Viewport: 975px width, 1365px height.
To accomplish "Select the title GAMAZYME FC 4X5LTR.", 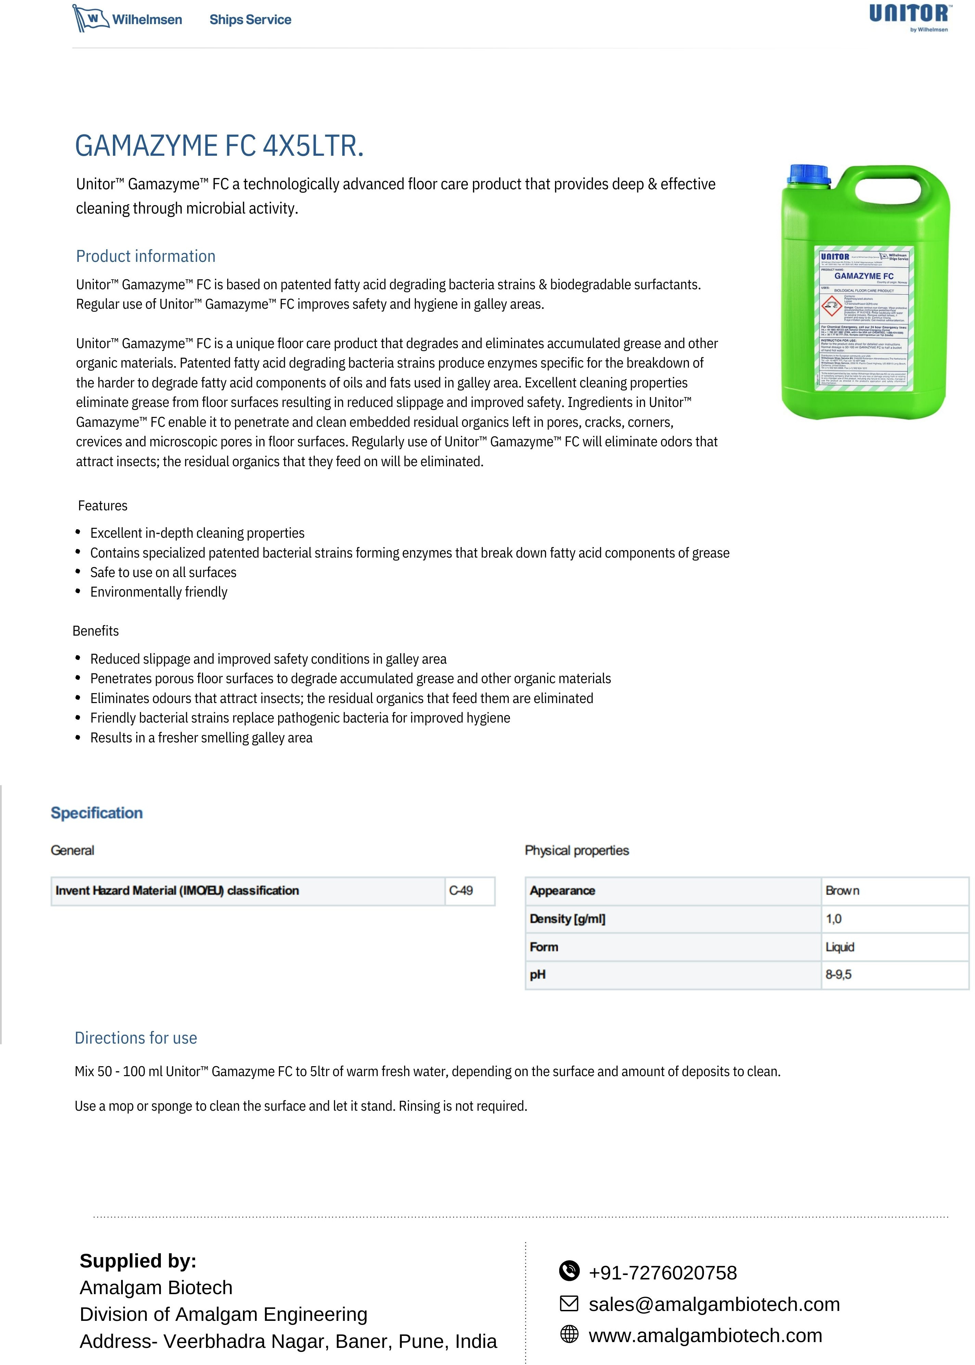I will click(x=219, y=146).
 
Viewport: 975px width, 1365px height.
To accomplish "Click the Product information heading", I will click(x=145, y=256).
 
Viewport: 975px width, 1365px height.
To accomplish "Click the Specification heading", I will click(x=97, y=813).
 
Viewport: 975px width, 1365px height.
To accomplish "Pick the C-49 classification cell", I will click(x=461, y=891).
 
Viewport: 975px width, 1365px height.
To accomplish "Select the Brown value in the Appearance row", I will click(x=842, y=891).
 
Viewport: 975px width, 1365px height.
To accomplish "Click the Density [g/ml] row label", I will click(x=567, y=919).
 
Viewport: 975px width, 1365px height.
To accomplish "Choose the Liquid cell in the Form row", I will click(x=839, y=947).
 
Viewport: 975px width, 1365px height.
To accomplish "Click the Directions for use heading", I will click(x=136, y=1038).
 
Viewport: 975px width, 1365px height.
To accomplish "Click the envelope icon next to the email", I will click(x=569, y=1303).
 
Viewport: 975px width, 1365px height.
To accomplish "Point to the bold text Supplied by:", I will click(x=138, y=1261).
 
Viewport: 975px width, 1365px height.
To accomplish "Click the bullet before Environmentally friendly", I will click(x=78, y=591).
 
